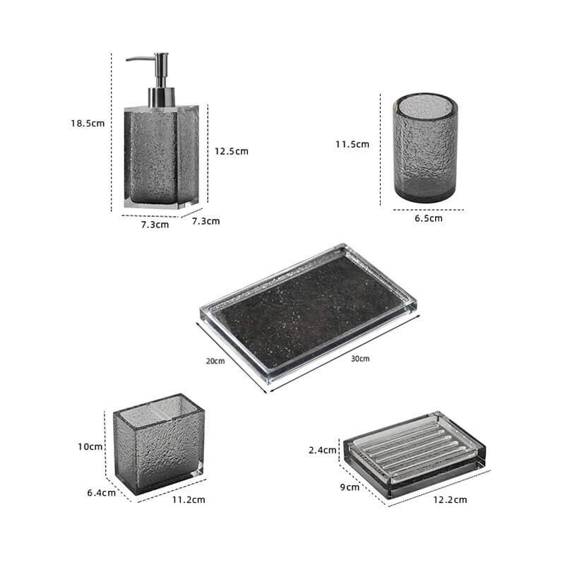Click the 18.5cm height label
(x=88, y=123)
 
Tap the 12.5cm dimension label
(x=232, y=150)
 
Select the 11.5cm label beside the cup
(x=352, y=144)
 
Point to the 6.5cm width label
(x=429, y=218)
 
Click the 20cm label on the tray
(x=215, y=362)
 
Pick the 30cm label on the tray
(x=360, y=359)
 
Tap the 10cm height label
(x=91, y=446)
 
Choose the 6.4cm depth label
(x=102, y=492)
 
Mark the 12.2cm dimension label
(x=451, y=499)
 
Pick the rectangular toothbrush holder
(x=158, y=443)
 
